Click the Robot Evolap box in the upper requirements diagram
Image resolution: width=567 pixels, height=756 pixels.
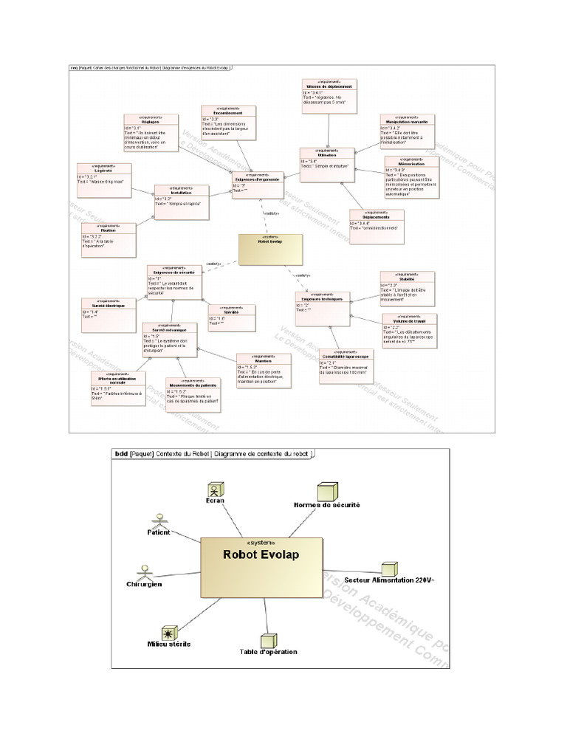click(270, 250)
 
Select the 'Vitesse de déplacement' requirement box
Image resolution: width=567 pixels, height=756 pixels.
click(329, 94)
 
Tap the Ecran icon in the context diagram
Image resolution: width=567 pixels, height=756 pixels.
click(215, 489)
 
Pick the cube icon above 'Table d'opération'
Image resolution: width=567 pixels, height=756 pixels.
click(269, 639)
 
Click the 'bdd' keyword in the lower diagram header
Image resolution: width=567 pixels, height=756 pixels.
click(123, 454)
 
